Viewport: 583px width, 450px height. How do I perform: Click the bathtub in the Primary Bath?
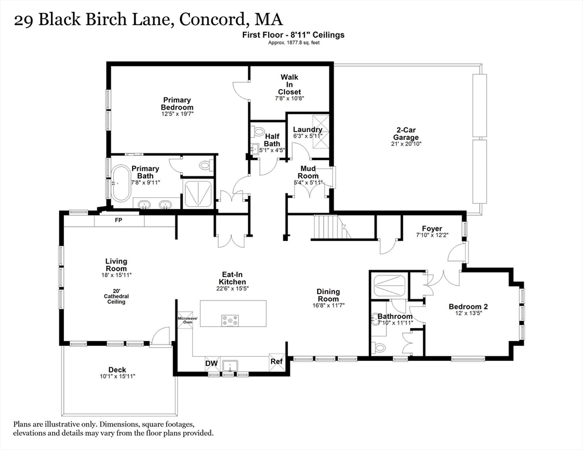click(121, 183)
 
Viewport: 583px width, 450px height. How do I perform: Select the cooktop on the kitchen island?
click(229, 320)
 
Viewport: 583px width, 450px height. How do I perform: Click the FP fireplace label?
click(118, 221)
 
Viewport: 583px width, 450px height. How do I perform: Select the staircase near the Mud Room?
click(329, 227)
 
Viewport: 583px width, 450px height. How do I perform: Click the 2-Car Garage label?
click(406, 134)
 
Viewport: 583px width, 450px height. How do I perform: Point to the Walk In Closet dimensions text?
click(289, 99)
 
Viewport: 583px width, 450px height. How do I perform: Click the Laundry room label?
click(307, 129)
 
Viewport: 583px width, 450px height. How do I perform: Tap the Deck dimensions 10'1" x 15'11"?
click(117, 377)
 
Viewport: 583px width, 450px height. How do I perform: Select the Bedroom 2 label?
click(468, 306)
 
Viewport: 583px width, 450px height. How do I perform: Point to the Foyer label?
click(432, 229)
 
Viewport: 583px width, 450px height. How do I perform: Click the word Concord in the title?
click(212, 19)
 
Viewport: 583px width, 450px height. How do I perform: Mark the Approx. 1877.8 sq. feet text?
click(293, 43)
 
